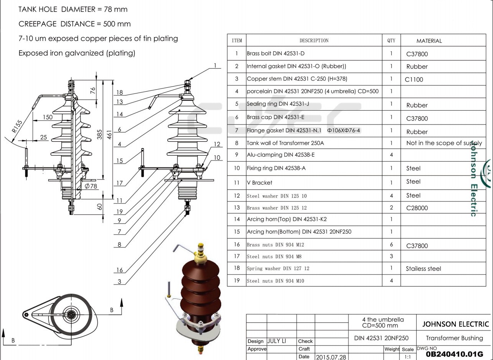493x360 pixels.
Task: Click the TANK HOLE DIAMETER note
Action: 73,9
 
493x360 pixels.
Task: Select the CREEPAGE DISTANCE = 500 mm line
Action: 74,24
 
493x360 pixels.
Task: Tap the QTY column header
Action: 391,41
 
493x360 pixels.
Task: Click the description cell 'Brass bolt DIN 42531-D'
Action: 276,54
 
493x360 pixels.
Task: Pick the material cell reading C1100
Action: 414,80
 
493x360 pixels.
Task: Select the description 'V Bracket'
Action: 260,183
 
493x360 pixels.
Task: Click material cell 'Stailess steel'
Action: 423,268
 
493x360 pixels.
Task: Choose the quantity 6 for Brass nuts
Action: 391,244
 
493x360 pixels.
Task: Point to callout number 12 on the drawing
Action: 217,144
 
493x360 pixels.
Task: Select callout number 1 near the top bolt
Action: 215,65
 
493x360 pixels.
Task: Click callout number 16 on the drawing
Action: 120,270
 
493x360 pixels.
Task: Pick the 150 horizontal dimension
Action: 48,117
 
